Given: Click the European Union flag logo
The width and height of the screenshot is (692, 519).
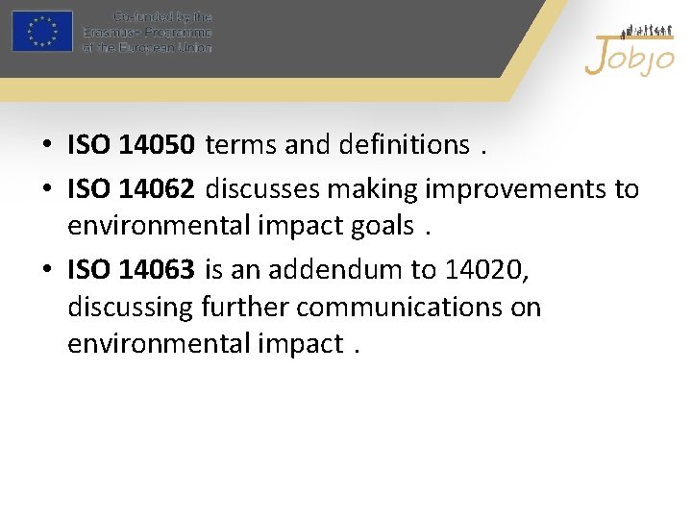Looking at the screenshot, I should pos(42,32).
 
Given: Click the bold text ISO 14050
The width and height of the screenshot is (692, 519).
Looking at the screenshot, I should pos(132,145).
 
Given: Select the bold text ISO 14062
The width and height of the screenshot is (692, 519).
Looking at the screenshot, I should pos(132,189).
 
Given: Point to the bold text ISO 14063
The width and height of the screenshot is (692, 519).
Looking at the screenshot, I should pos(132,270).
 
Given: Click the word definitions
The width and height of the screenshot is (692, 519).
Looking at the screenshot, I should pos(404,145).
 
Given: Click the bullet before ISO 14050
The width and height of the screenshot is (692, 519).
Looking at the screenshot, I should pos(46,146).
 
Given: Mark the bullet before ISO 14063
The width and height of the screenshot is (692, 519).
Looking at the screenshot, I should pos(46,271).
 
